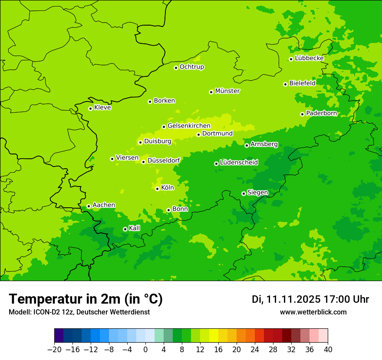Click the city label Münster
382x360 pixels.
(227, 91)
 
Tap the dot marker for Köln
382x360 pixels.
(157, 189)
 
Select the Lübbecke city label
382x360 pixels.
(309, 58)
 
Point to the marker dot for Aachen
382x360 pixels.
(89, 206)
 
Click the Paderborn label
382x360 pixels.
(321, 113)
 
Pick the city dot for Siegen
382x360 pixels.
(244, 193)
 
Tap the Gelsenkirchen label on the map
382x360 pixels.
(189, 126)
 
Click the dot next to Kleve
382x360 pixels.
(90, 108)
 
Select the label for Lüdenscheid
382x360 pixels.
(239, 163)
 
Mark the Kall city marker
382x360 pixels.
(125, 229)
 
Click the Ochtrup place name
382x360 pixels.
(192, 67)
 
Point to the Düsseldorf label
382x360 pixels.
(164, 160)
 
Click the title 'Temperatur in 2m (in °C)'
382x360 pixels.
(86, 299)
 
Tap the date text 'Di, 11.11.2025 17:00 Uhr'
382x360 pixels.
(310, 299)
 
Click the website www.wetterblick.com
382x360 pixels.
(313, 312)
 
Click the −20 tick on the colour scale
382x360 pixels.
(54, 349)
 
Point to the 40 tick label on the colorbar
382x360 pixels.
(328, 349)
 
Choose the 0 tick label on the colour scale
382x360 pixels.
(145, 349)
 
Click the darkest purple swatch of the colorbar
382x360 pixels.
(59, 336)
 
